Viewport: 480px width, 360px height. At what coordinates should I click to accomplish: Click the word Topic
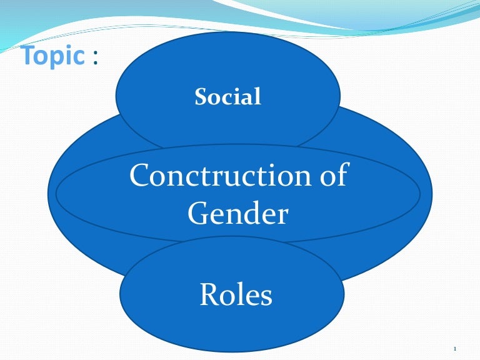click(52, 57)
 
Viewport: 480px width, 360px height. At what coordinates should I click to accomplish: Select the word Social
click(227, 97)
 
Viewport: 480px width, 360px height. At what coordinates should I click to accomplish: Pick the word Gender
click(237, 214)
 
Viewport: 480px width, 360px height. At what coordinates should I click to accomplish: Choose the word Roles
click(236, 294)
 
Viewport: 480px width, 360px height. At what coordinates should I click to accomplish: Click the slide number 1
click(456, 349)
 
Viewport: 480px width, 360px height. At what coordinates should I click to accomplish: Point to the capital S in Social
click(201, 97)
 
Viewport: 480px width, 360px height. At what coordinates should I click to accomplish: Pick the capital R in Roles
click(208, 294)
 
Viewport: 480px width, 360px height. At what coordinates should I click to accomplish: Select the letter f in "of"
click(341, 176)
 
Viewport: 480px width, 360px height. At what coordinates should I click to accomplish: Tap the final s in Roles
click(266, 296)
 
